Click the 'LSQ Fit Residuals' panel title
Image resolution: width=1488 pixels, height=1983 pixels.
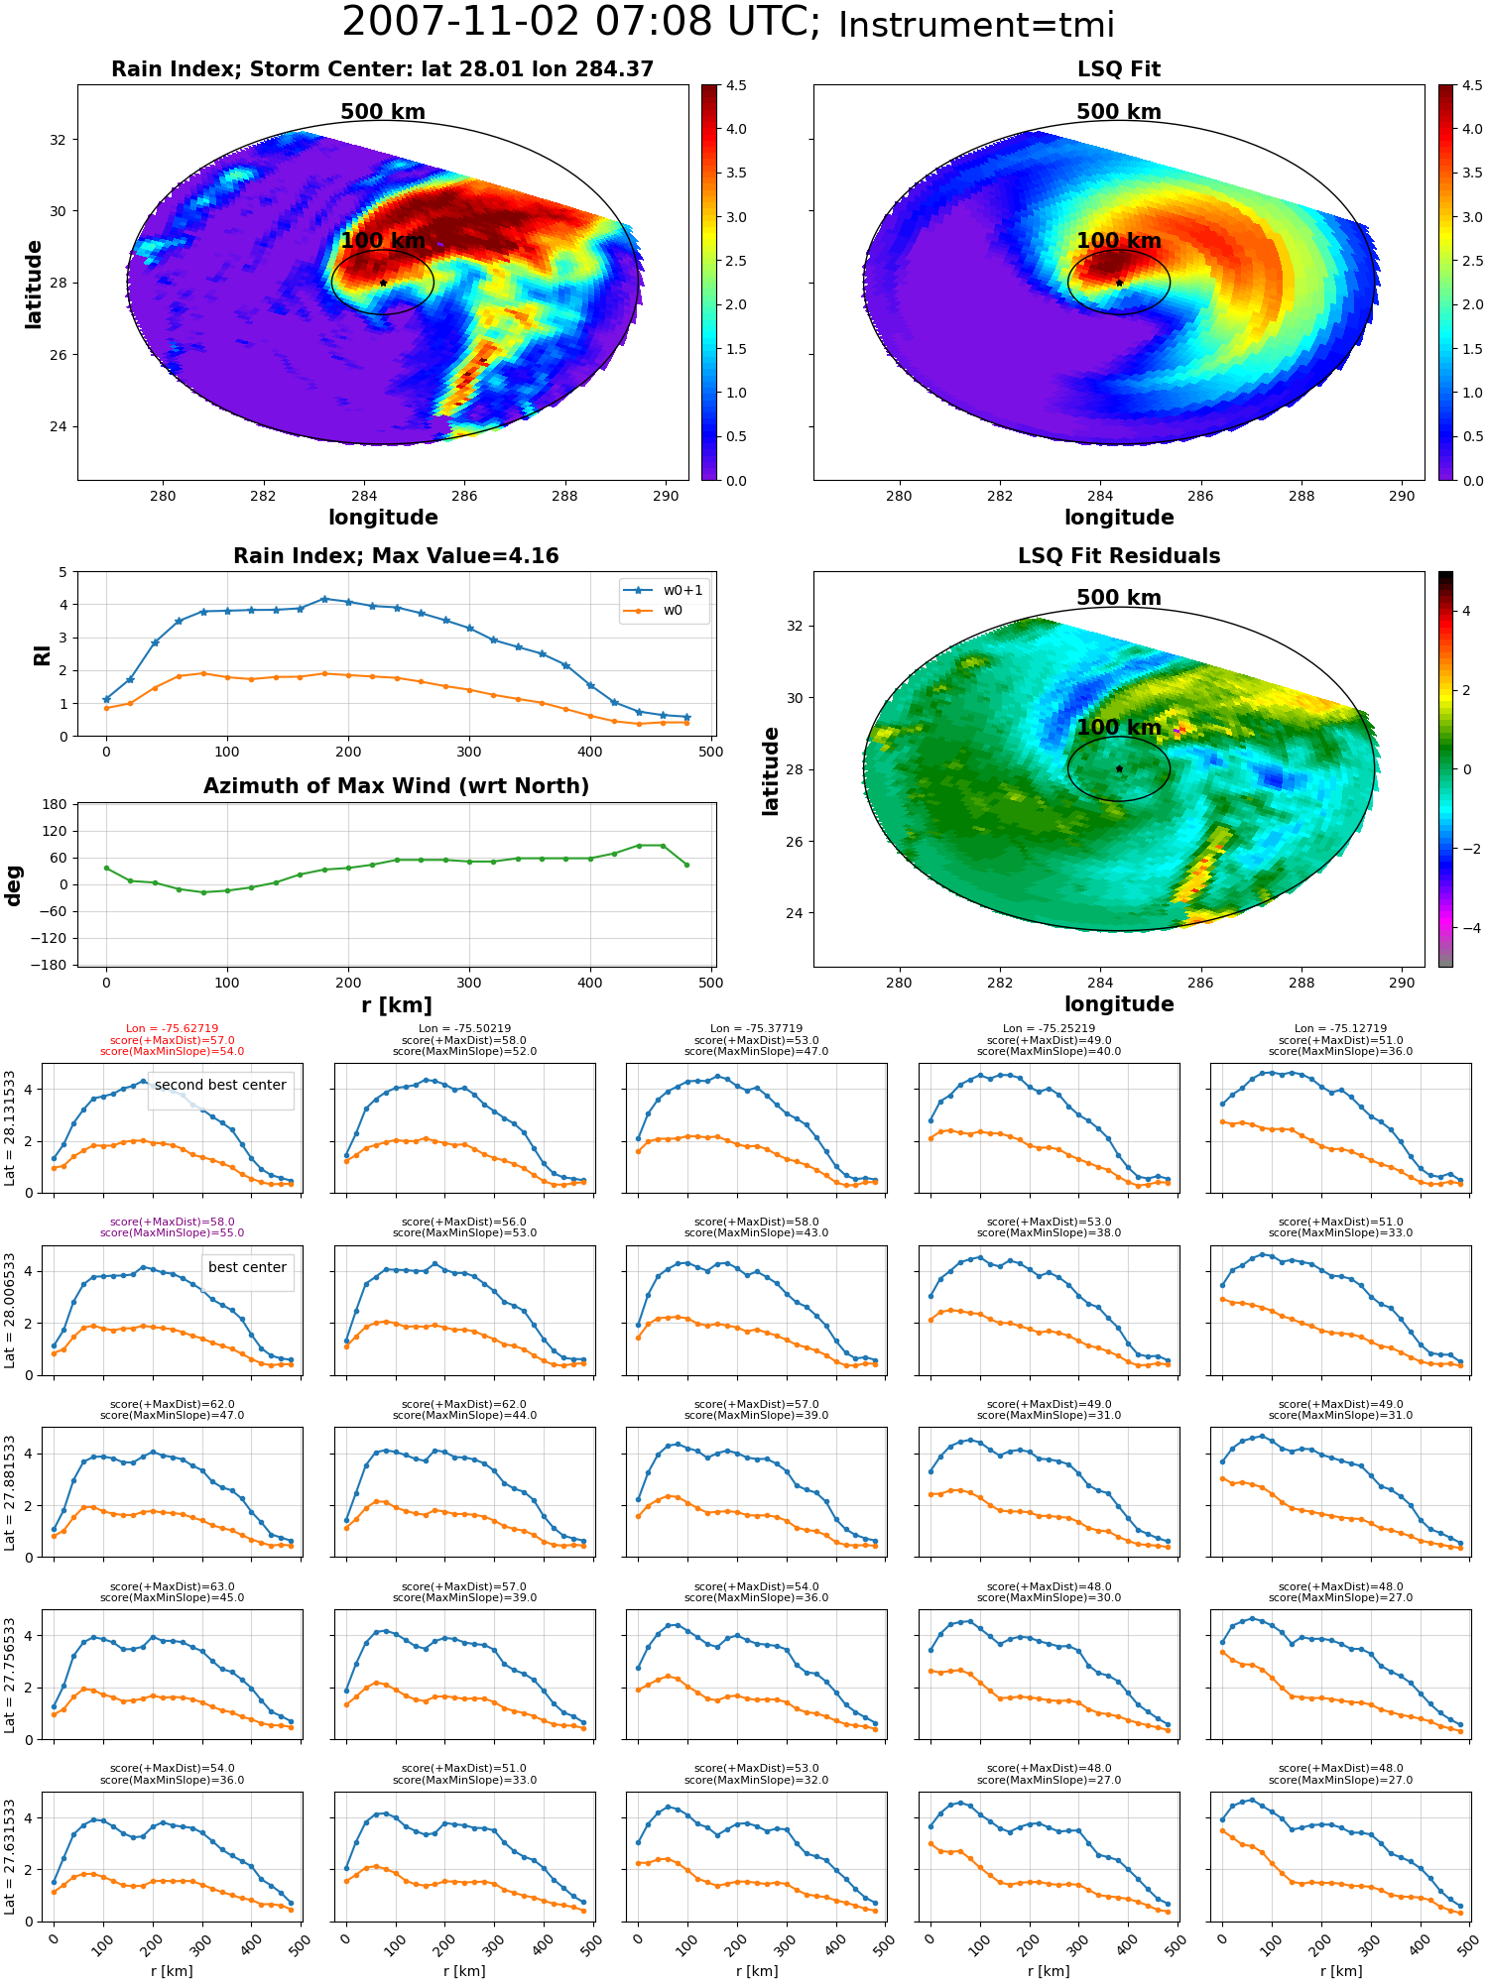[1119, 556]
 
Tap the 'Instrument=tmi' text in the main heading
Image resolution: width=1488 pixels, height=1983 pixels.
[976, 25]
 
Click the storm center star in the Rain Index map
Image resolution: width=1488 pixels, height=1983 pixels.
[383, 283]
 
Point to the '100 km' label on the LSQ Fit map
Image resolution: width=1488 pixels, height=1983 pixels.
[1118, 241]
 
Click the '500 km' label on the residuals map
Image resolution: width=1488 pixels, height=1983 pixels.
[1118, 598]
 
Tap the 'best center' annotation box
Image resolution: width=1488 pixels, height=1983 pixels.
[247, 1268]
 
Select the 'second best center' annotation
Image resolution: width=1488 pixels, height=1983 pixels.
[220, 1086]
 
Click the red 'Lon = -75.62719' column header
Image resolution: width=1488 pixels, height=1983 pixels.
[172, 1029]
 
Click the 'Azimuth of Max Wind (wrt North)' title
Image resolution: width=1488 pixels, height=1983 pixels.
[396, 786]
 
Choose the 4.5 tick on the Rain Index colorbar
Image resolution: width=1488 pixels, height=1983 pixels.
[736, 85]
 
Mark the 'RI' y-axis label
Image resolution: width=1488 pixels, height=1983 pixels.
[42, 654]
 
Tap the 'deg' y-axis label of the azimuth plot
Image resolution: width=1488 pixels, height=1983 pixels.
[14, 884]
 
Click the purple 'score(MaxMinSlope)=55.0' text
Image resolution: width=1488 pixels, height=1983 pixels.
[172, 1233]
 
